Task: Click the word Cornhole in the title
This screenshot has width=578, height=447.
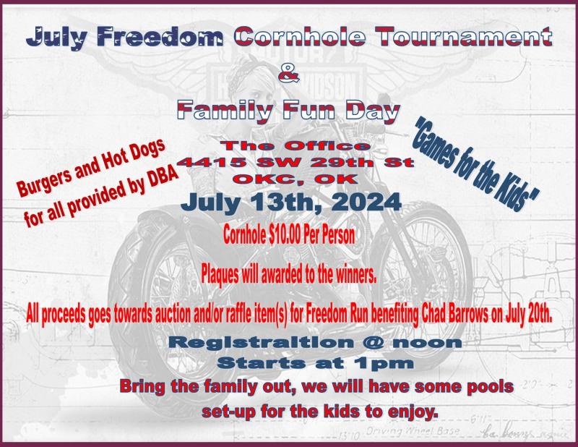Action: pos(299,37)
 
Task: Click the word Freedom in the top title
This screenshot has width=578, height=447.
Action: pos(160,37)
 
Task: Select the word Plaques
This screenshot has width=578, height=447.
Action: pos(220,275)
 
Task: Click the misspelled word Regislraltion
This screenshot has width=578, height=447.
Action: pos(262,343)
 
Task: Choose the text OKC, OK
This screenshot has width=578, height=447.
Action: pos(297,179)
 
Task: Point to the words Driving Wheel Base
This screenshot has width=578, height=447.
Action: pos(413,431)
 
